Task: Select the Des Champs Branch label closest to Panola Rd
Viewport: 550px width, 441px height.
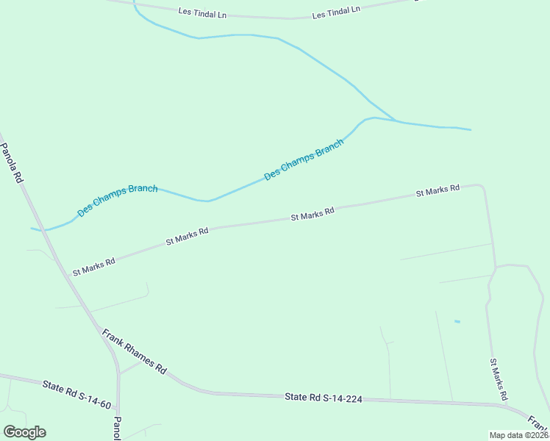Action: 118,198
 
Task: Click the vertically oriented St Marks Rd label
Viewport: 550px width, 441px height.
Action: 499,379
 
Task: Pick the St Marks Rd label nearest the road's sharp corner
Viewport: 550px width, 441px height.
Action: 438,190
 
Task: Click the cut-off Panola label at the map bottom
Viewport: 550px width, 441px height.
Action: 117,429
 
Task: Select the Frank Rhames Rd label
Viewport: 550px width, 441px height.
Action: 135,351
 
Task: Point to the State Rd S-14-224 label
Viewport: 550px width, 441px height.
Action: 324,398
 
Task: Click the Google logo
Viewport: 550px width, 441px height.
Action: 24,432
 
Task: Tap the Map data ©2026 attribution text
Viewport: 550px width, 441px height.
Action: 519,435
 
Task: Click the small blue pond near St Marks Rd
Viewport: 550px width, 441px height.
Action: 457,322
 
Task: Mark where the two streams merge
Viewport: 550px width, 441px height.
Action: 396,120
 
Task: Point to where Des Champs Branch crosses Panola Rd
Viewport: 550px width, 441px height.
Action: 43,231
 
